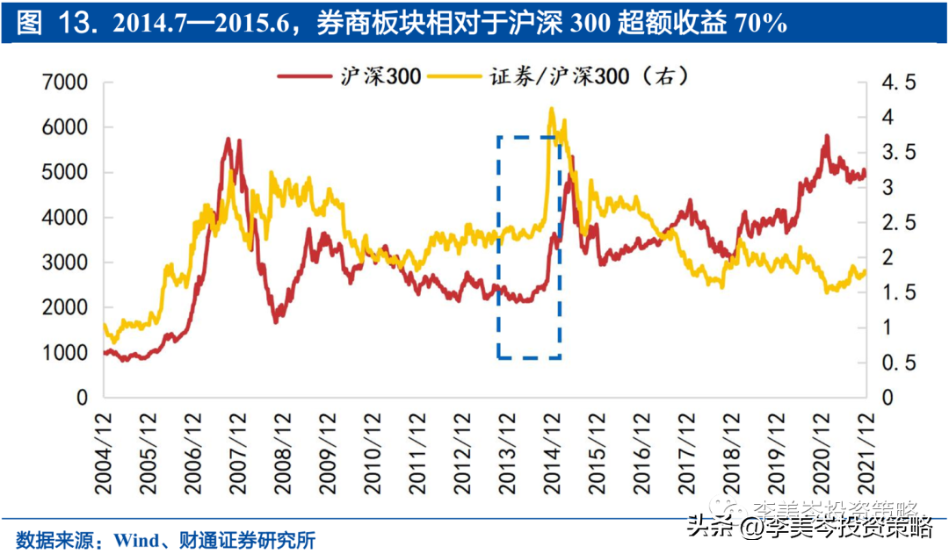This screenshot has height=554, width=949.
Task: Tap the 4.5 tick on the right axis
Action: [898, 83]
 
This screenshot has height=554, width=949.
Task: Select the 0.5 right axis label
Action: [898, 363]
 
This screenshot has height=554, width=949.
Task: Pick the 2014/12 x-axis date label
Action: [552, 449]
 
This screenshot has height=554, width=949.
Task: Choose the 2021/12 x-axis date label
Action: [865, 449]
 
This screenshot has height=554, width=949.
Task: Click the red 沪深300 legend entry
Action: [351, 76]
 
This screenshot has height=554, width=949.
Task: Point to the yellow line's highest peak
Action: [551, 109]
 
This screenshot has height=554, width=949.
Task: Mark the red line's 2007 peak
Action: [228, 139]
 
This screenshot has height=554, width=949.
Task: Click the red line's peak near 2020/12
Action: [827, 136]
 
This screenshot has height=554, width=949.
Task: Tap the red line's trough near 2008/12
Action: [276, 321]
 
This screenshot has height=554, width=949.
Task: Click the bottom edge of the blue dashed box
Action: [530, 357]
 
